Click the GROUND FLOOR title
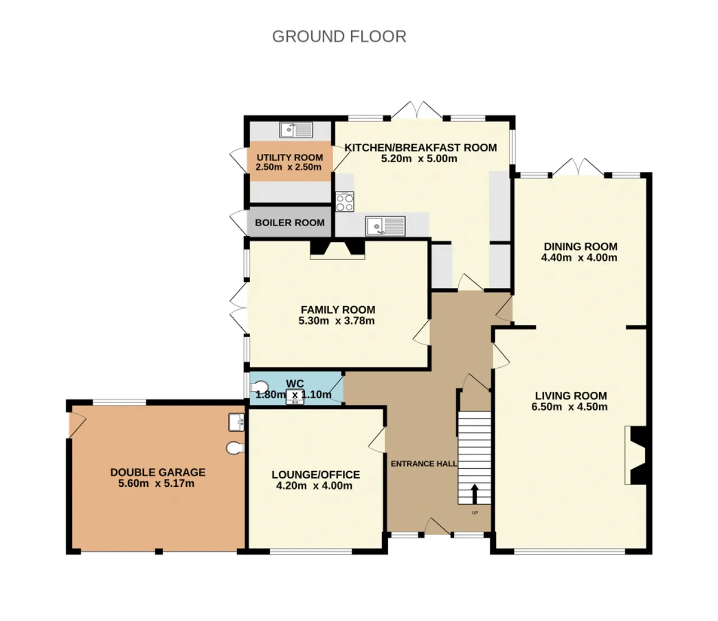coord(339,36)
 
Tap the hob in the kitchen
coord(344,202)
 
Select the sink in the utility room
coord(296,130)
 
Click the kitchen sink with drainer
coord(385,226)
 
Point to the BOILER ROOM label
coord(289,222)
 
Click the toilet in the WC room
coord(259,387)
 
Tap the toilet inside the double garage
coord(235,448)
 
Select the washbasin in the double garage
coord(237,422)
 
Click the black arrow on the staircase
coord(474,494)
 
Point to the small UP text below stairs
coord(475,513)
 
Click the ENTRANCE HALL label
coord(424,463)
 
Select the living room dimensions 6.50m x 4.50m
coord(569,407)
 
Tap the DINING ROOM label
coord(581,246)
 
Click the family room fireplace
coord(337,250)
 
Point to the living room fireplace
coord(635,455)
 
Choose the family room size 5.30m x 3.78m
coord(337,321)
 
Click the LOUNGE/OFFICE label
coord(316,474)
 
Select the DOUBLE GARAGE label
coord(158,472)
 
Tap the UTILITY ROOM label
coord(289,158)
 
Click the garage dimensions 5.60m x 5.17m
coord(157,483)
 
